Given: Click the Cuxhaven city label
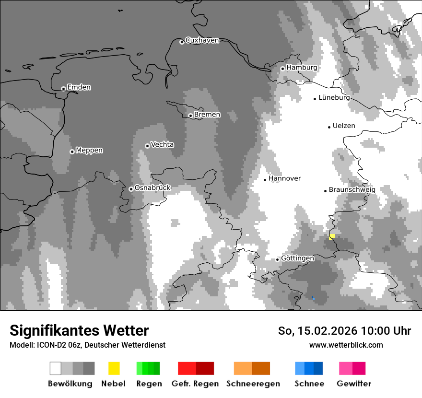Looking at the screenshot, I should click(202, 40).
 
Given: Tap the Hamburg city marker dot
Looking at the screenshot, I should click(282, 69).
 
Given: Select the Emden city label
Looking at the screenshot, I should click(79, 87).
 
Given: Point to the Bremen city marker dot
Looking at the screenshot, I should click(190, 116).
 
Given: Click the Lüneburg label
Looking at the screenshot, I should click(334, 97).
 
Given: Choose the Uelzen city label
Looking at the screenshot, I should click(344, 126).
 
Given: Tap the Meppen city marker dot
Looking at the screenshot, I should click(72, 152).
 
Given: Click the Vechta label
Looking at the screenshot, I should click(162, 144).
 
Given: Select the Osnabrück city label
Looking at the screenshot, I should click(152, 188).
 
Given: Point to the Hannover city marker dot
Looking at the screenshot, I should click(265, 180).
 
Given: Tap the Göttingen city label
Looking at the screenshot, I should click(297, 258).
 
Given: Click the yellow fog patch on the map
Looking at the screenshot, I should click(332, 236).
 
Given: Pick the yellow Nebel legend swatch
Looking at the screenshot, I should click(114, 368).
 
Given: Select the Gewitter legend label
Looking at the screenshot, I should click(353, 384).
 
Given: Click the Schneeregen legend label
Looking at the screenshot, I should click(253, 384).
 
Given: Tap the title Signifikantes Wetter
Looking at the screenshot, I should click(79, 331).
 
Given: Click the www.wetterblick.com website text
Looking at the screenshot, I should click(346, 345).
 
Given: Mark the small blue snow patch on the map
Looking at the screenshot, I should click(313, 298).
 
